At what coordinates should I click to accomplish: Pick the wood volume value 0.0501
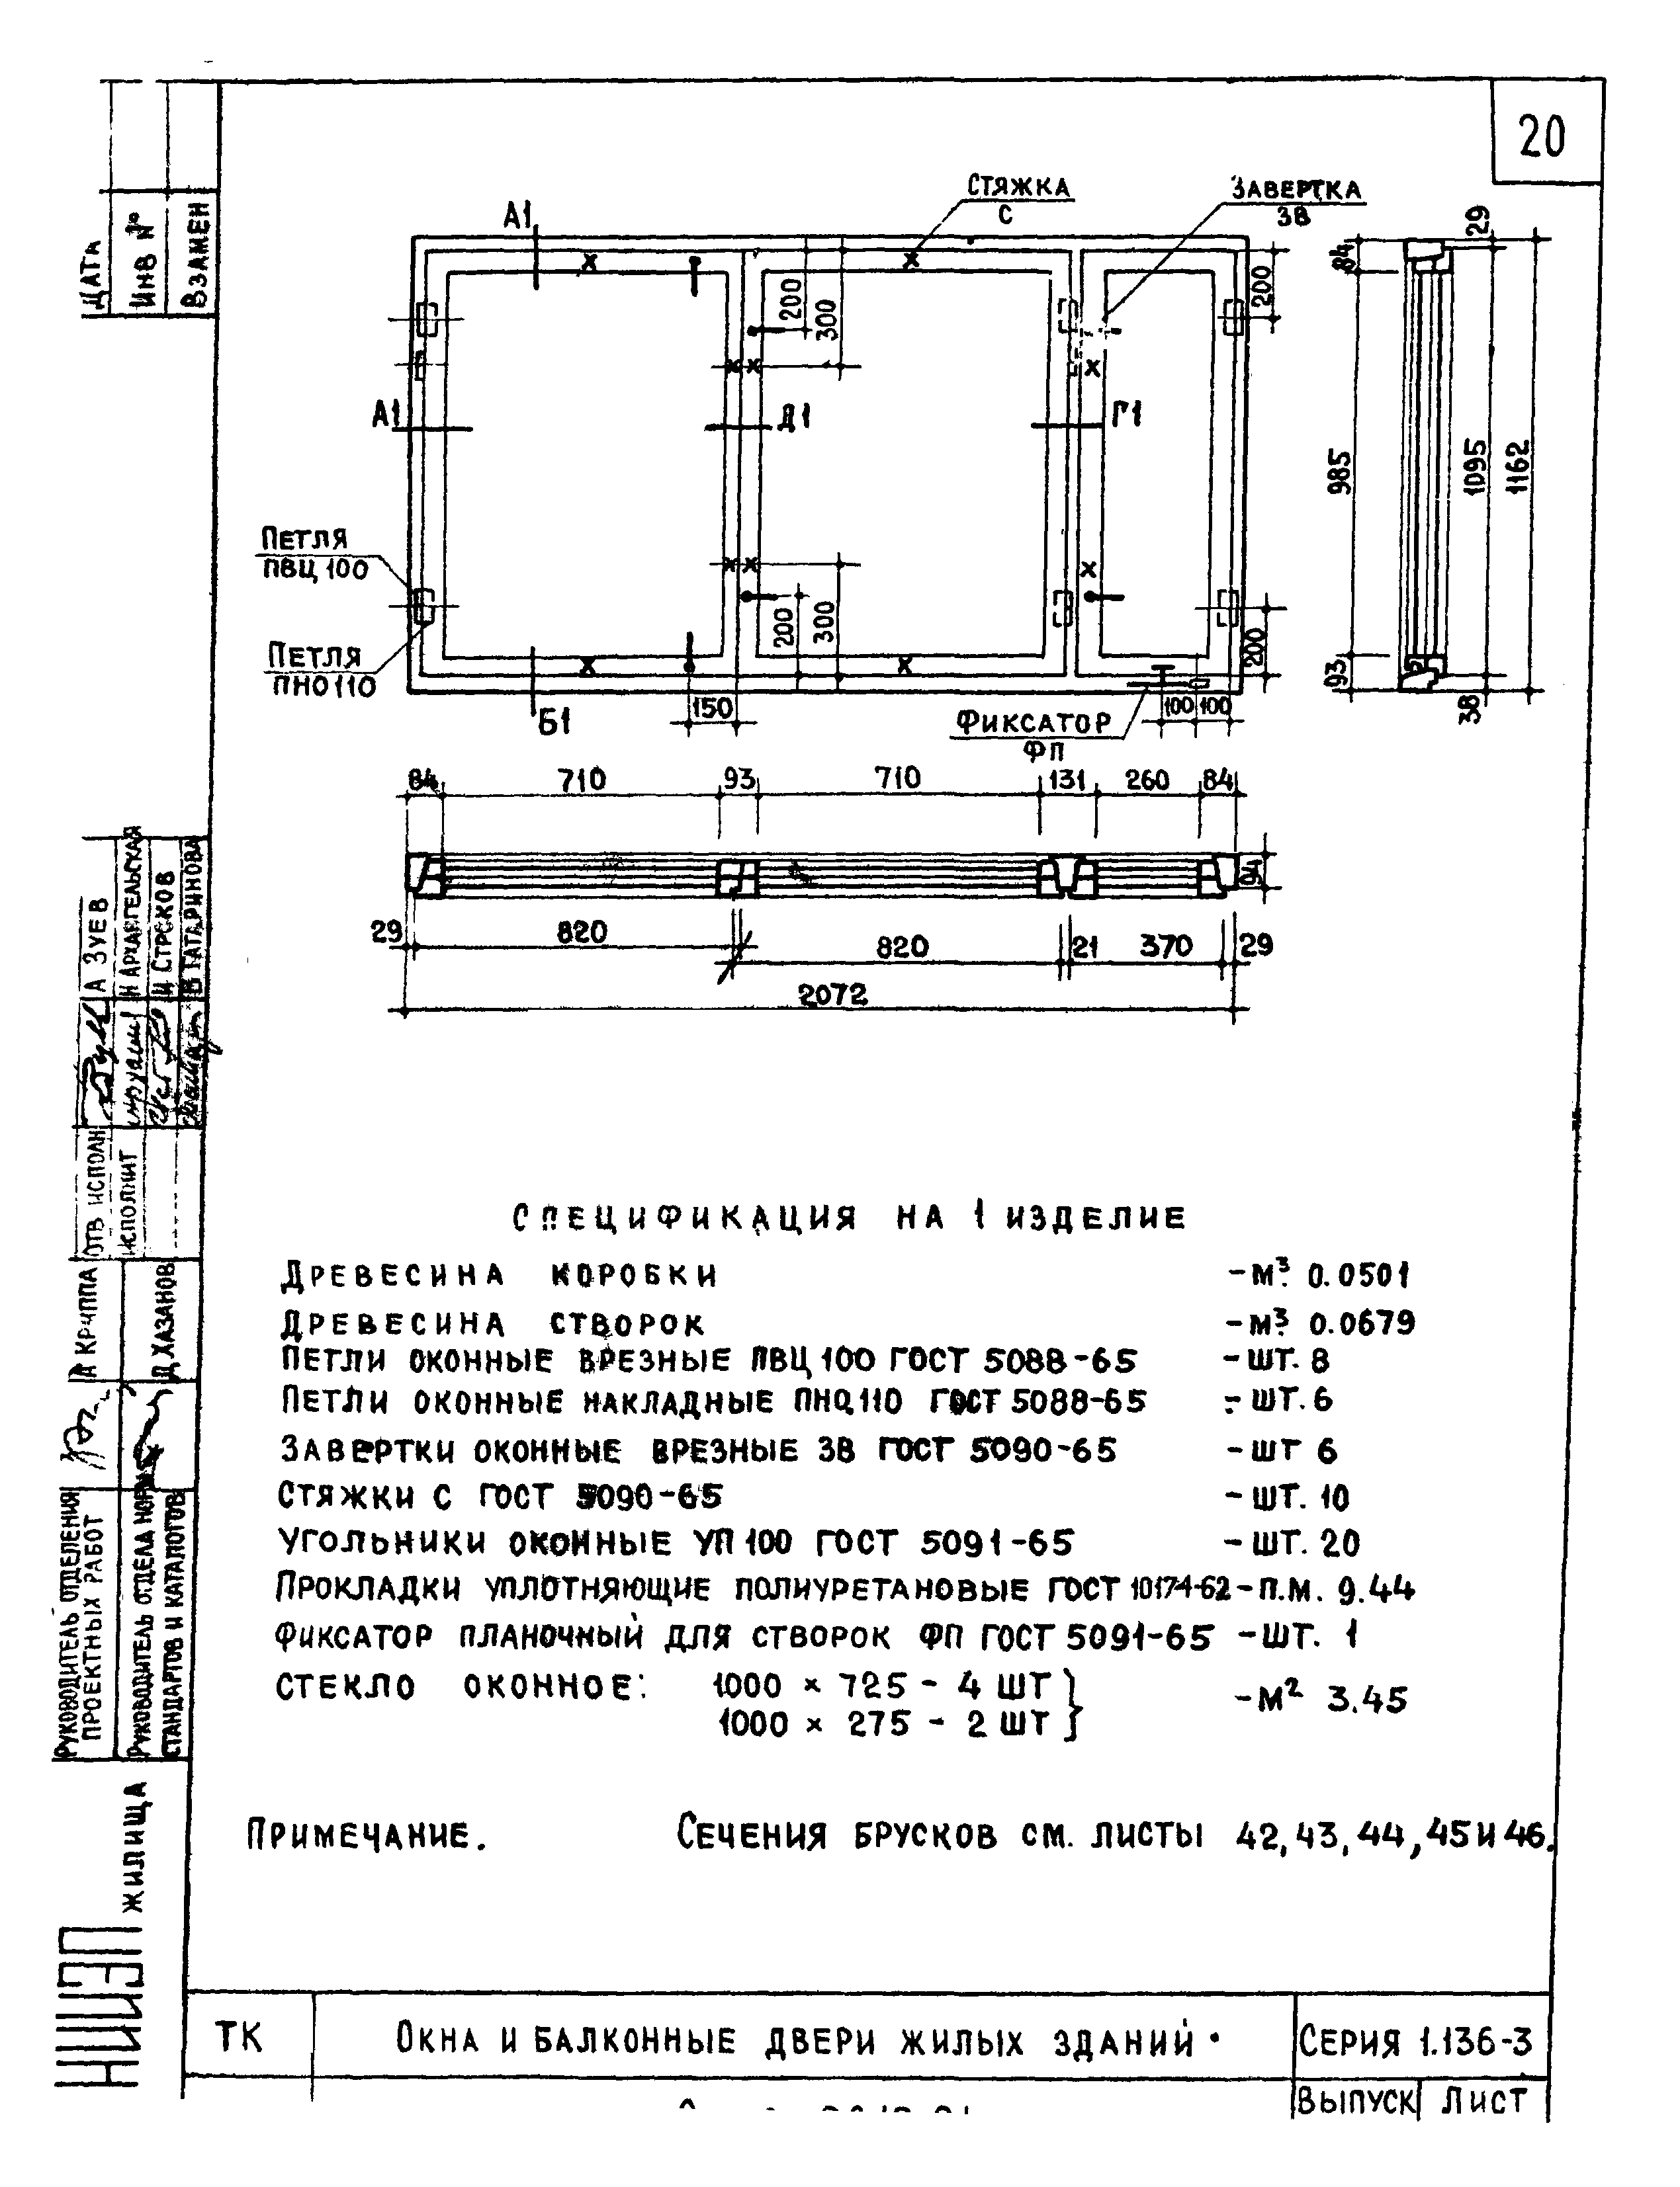pos(1359,1276)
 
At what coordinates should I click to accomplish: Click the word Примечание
pos(366,1836)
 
